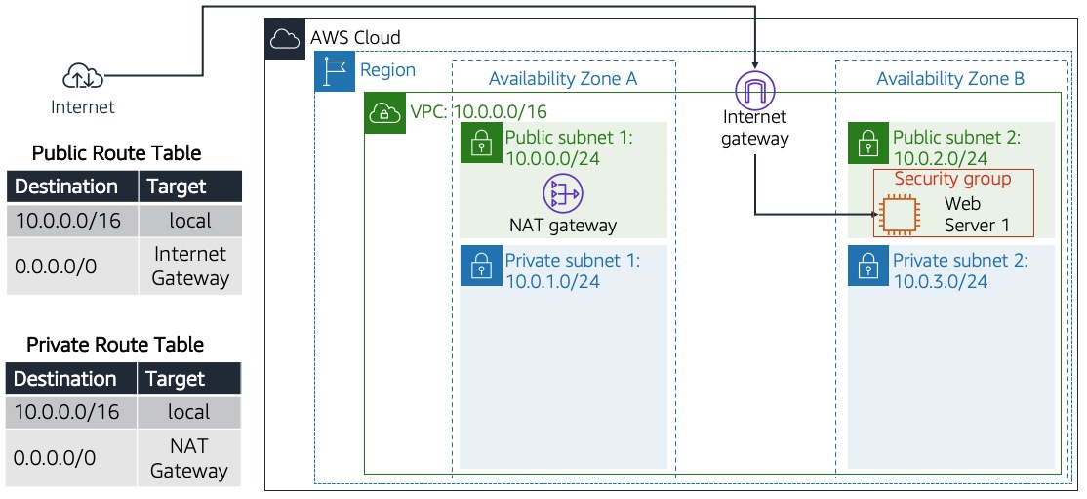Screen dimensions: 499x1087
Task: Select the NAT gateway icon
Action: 563,193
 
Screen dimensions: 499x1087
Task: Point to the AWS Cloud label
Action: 355,38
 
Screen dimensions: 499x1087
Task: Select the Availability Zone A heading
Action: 562,79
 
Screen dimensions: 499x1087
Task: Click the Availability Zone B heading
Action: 949,79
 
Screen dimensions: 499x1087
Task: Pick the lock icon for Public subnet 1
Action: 480,143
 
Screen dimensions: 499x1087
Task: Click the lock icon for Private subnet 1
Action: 480,266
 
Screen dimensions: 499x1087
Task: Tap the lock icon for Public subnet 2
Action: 867,143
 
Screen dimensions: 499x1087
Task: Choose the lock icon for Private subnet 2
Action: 867,266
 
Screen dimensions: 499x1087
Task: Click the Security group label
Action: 952,179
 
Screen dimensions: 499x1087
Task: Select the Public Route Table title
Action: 116,153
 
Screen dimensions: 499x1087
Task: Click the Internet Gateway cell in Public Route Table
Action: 190,266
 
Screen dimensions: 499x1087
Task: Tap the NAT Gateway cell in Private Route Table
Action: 188,458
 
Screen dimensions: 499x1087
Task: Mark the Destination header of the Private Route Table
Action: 65,379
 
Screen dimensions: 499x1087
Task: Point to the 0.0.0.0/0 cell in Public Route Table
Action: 56,265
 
